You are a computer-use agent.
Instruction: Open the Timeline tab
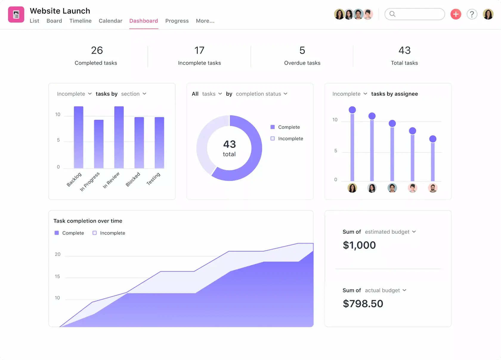point(80,21)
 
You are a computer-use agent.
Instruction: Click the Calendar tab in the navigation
point(110,21)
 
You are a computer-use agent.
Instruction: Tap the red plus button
point(455,14)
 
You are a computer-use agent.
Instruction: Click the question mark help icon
point(472,14)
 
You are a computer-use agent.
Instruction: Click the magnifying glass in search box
point(392,14)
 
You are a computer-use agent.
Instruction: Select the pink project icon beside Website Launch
point(16,14)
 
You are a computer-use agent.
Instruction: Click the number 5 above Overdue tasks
point(302,50)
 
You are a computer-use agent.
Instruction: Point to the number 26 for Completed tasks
point(97,50)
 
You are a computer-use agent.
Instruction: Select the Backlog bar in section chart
point(78,137)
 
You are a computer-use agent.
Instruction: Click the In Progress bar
point(99,144)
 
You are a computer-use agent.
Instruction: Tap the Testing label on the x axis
point(153,179)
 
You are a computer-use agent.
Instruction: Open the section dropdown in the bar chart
point(134,94)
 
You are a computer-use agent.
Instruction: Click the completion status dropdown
point(261,94)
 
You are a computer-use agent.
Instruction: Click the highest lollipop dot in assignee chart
point(352,110)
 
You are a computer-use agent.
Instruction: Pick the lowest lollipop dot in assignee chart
point(432,139)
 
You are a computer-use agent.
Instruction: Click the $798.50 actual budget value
point(363,304)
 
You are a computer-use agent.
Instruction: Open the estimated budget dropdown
point(390,232)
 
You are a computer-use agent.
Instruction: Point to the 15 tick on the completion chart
point(57,276)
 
